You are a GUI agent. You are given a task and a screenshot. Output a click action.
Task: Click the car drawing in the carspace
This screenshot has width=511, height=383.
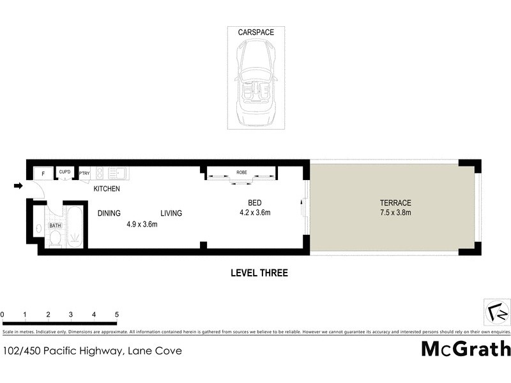[256, 82]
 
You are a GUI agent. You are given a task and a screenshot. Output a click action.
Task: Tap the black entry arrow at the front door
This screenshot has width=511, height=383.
[19, 186]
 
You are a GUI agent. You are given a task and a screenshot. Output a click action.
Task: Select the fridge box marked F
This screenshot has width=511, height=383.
[43, 173]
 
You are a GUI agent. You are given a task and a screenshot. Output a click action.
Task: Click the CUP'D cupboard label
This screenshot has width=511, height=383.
[65, 172]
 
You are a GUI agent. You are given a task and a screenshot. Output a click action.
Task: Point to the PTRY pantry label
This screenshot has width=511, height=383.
[84, 173]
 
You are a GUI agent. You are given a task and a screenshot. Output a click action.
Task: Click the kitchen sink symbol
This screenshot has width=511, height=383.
[117, 172]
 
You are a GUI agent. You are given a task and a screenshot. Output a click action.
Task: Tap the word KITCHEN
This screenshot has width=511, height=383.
[107, 190]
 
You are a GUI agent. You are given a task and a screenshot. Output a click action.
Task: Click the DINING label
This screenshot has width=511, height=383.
[109, 213]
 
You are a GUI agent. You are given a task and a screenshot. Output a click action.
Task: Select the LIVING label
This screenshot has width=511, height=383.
[171, 213]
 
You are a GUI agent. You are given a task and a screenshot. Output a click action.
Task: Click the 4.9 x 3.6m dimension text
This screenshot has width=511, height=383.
[141, 224]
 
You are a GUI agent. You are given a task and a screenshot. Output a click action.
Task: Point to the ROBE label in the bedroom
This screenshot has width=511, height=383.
[241, 173]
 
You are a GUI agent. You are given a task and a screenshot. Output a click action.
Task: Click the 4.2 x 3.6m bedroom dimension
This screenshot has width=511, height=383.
[256, 213]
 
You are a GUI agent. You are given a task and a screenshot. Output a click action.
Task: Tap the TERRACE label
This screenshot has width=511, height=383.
[393, 202]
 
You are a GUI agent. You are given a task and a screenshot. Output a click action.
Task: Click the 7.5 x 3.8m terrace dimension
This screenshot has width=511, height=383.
[393, 213]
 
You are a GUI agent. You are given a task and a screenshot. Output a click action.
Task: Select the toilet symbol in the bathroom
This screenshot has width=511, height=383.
[55, 238]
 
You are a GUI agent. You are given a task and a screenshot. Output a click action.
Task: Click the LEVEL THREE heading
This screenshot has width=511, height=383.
[259, 273]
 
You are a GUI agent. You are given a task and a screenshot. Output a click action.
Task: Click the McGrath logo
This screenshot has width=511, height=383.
[466, 349]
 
